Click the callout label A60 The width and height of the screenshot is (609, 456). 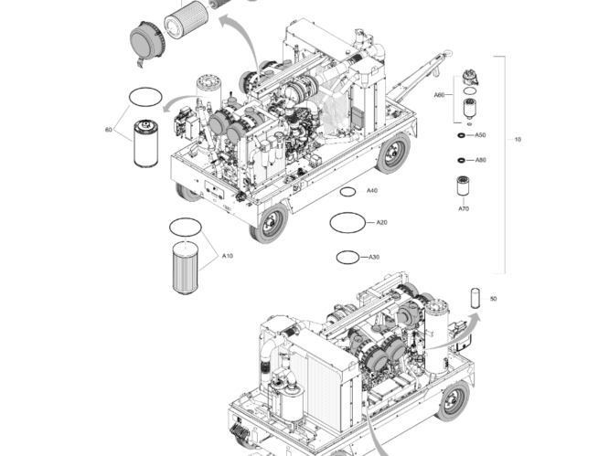(x=439, y=94)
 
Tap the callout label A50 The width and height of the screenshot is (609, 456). (x=480, y=135)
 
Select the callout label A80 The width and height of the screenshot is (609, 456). (x=480, y=160)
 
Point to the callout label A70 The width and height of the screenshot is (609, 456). (x=464, y=209)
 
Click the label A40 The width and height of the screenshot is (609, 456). (x=372, y=191)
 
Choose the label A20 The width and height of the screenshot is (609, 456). (x=382, y=222)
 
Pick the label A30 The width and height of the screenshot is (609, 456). (x=374, y=257)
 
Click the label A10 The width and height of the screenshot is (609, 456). (x=228, y=257)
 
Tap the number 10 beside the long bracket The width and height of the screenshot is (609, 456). (x=518, y=140)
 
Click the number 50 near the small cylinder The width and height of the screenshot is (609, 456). (x=494, y=299)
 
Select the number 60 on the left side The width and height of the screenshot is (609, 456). (x=109, y=130)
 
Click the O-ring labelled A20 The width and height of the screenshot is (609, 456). (x=346, y=221)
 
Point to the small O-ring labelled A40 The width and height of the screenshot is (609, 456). (x=347, y=192)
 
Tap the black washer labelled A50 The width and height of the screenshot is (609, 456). (x=458, y=135)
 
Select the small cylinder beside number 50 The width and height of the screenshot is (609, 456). (x=475, y=297)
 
